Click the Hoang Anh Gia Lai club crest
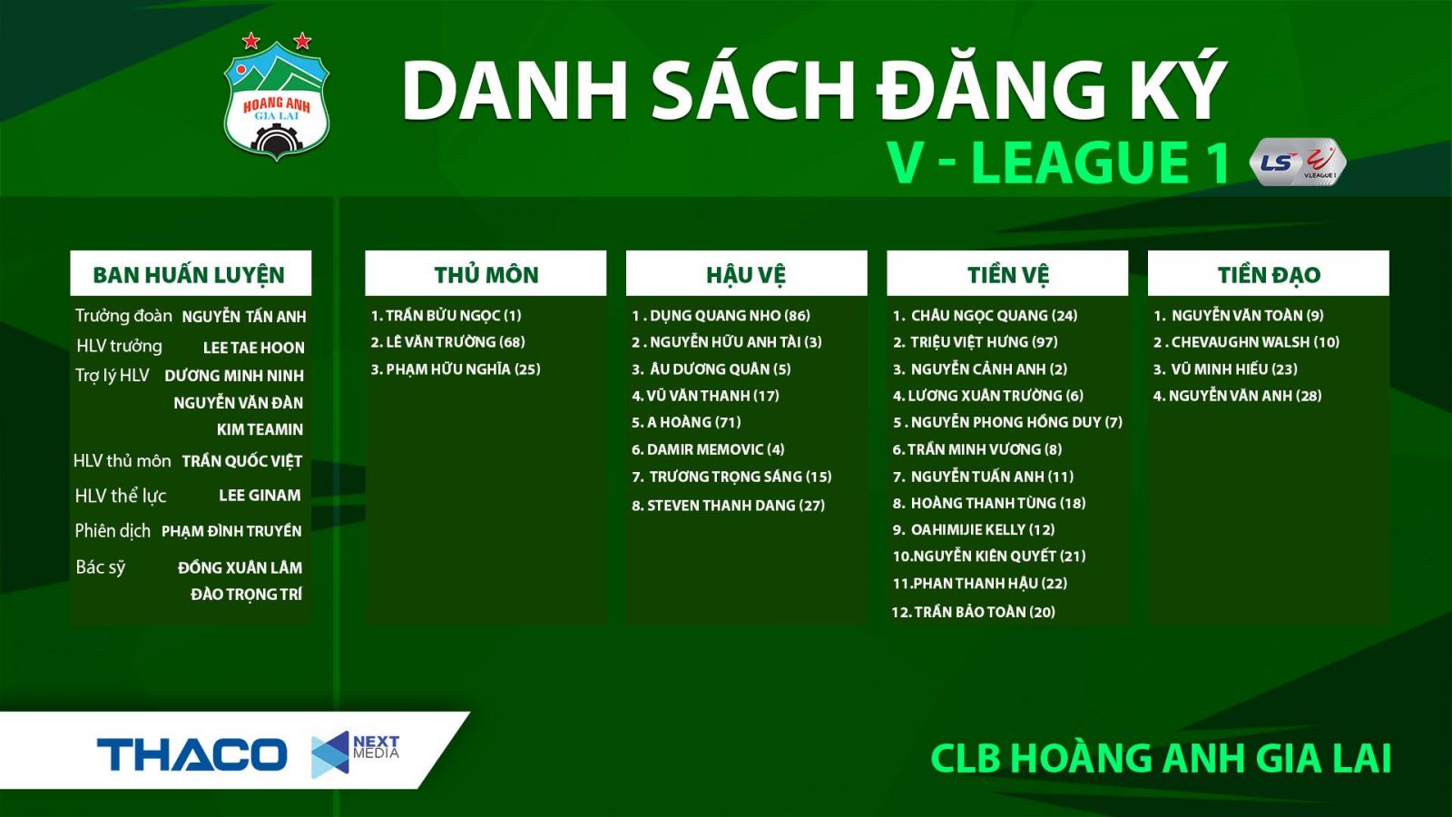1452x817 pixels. coord(276,100)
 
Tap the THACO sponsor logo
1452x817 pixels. coord(191,754)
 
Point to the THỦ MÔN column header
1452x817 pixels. coord(486,274)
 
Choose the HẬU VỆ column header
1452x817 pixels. coord(746,274)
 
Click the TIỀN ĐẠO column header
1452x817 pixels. coord(1268,274)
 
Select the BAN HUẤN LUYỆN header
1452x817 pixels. coord(189,274)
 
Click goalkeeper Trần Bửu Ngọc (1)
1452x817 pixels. coord(446,315)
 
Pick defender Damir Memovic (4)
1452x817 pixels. coord(708,449)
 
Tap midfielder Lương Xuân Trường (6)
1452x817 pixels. coord(987,396)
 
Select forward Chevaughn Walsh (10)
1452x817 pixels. coord(1246,342)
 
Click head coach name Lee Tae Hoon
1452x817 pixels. coord(253,348)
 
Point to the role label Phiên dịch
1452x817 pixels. coord(113,531)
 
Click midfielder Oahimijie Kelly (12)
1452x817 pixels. coord(974,529)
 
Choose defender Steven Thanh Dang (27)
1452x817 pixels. coord(728,506)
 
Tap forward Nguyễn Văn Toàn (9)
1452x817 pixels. coord(1239,315)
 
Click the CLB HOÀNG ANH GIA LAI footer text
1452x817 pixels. coord(1161,759)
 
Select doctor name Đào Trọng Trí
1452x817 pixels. coord(246,595)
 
